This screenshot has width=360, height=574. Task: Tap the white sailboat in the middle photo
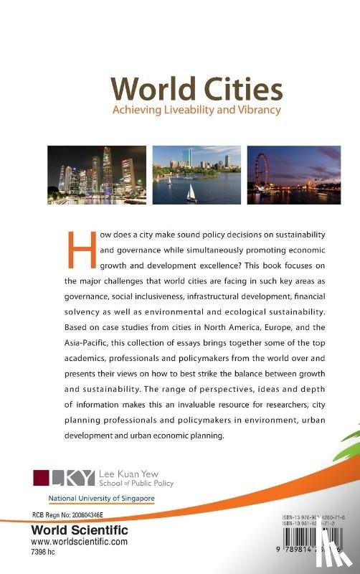(191, 192)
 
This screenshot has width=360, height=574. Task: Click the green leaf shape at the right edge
(349, 430)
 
